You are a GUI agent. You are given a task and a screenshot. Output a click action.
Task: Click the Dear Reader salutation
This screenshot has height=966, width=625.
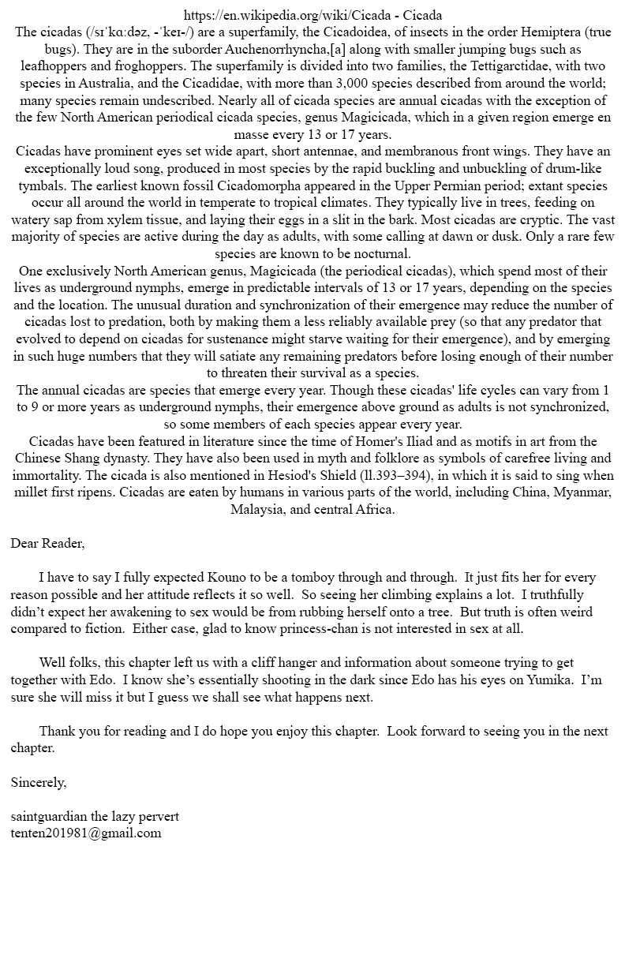click(47, 543)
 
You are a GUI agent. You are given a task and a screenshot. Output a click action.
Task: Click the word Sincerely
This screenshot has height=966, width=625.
click(39, 782)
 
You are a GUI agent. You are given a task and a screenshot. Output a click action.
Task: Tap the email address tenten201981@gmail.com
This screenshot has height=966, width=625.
click(86, 833)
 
